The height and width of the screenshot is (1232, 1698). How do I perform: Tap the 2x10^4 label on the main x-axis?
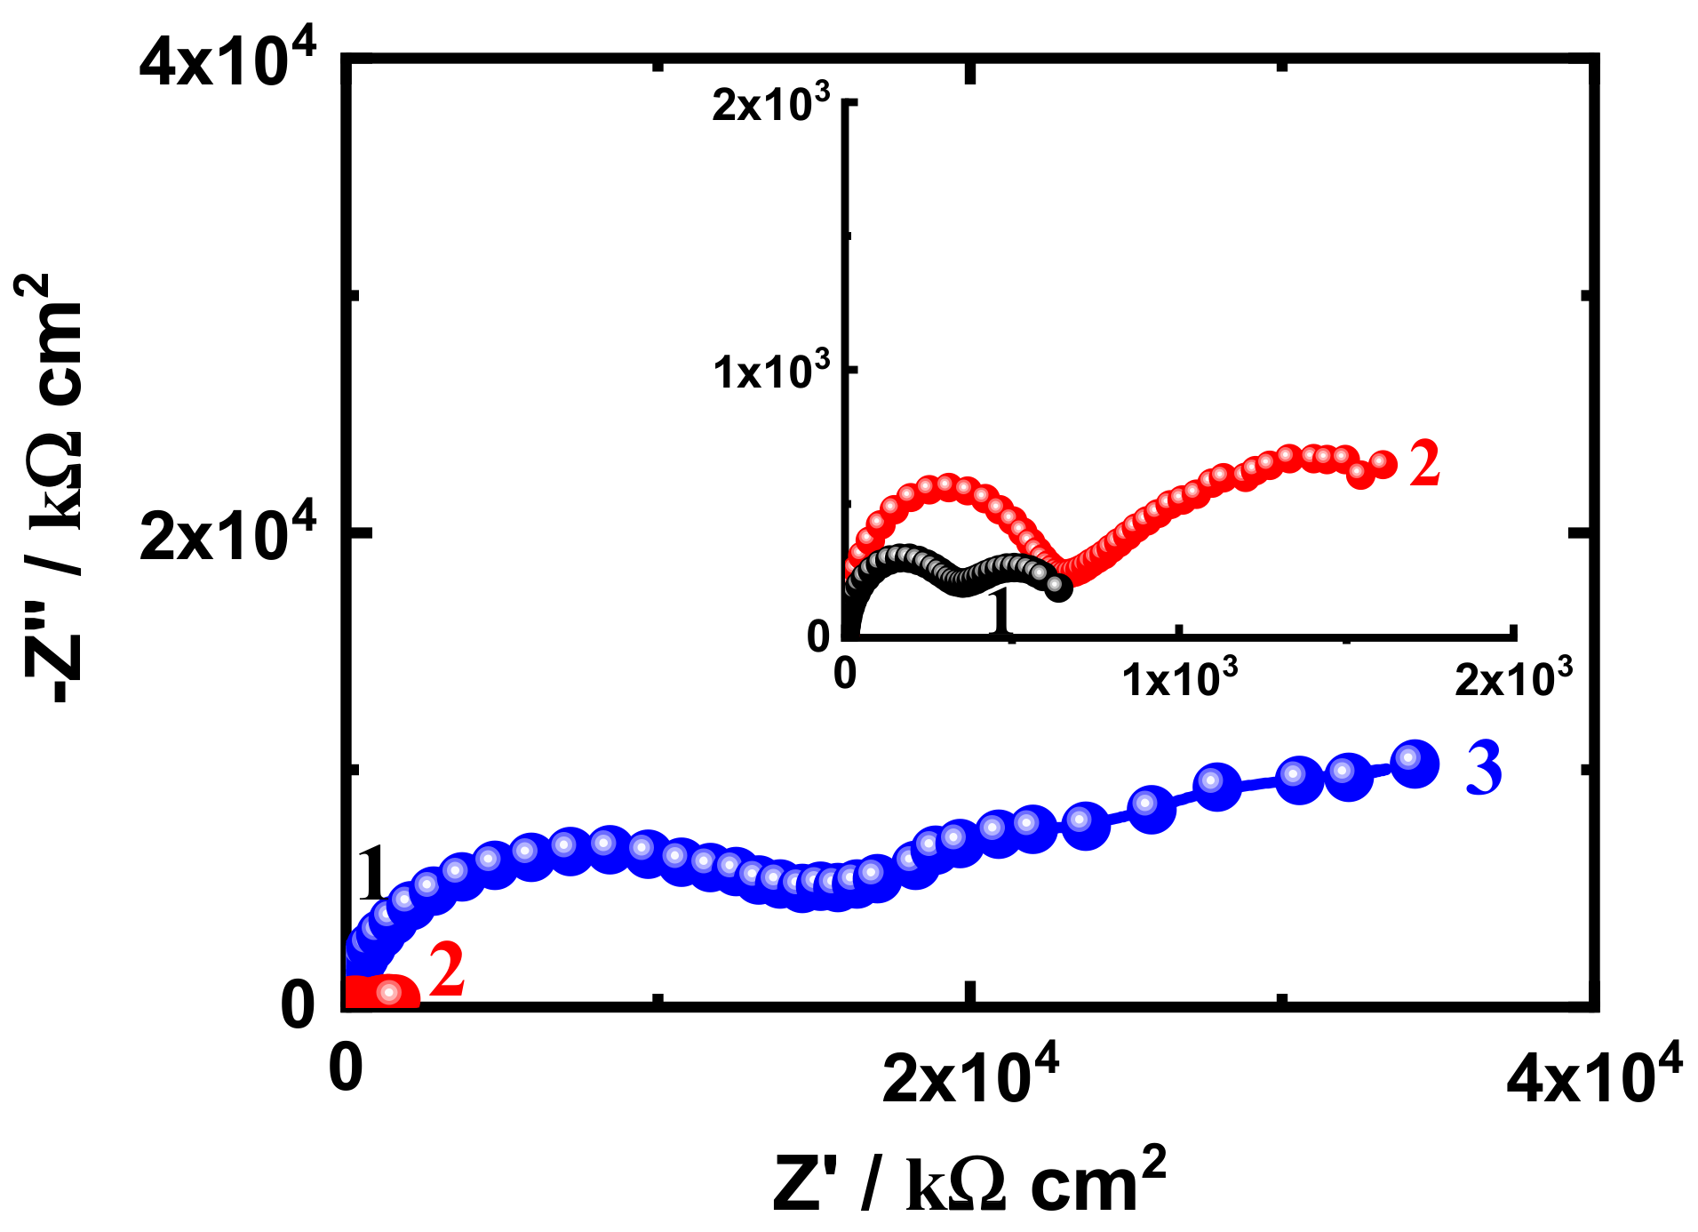(970, 1076)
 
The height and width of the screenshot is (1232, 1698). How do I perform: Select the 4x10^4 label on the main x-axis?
(1594, 1076)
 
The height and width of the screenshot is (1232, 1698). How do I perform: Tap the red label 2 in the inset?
(1424, 464)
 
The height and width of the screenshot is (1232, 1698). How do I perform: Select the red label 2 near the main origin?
(447, 971)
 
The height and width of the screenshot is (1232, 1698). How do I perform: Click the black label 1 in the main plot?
(371, 874)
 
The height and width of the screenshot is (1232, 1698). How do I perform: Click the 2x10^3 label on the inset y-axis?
(770, 104)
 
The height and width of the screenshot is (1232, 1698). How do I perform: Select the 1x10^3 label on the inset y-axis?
(770, 371)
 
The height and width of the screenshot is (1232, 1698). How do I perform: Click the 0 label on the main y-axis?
(298, 1005)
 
